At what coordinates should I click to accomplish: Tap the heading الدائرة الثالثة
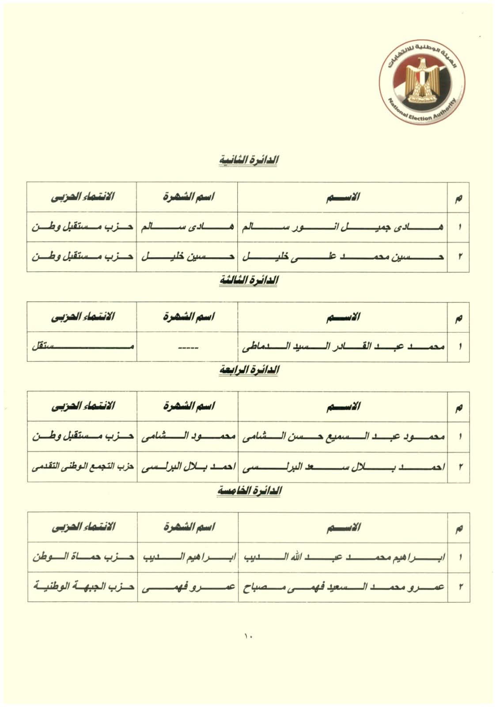249,281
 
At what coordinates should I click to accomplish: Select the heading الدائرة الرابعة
249,370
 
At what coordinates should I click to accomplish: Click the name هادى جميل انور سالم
343,228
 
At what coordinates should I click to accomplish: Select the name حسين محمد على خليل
343,257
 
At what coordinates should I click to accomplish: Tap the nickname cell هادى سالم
187,228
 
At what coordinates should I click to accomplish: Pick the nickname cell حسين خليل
187,257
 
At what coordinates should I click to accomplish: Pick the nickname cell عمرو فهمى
187,587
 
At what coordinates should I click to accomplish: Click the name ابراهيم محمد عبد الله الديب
343,558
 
